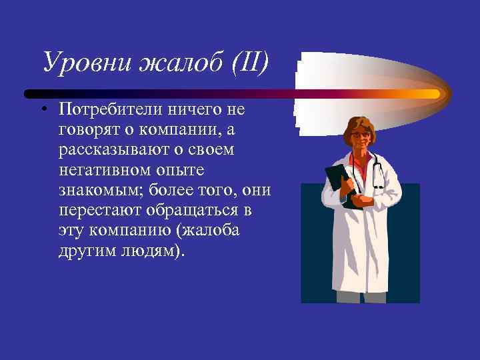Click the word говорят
(90, 130)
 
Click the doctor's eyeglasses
(361, 135)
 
